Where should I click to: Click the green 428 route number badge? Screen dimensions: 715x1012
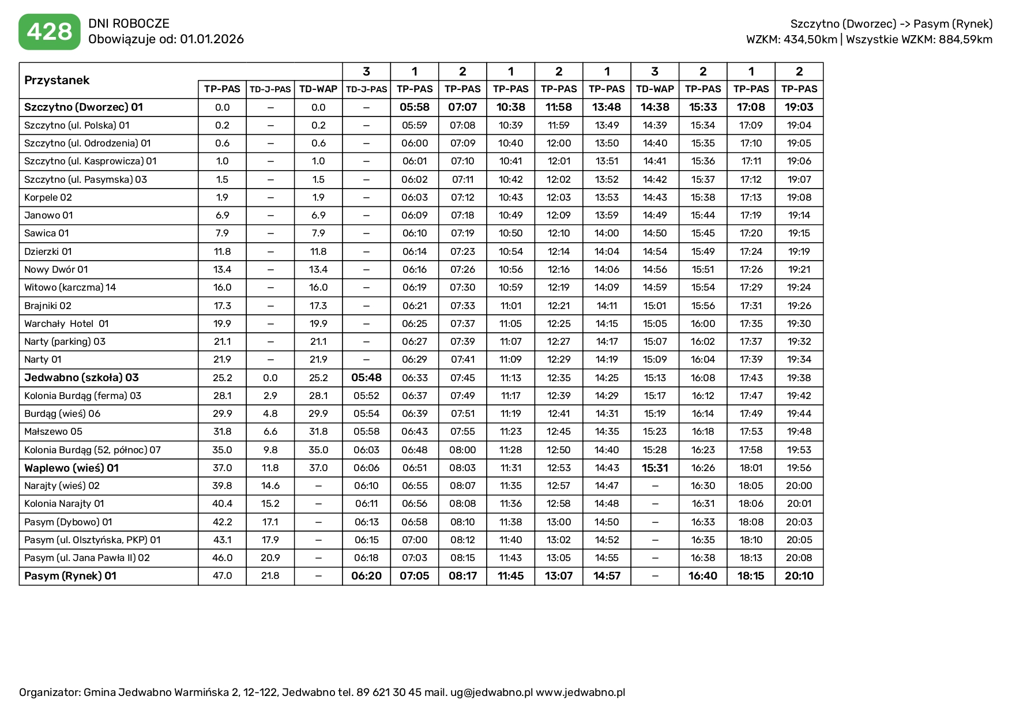50,32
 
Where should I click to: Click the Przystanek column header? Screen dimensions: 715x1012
57,80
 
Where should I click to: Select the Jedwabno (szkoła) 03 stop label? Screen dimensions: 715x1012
81,378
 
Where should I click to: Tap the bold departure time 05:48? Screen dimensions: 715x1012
366,378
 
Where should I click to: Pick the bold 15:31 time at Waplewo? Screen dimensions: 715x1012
654,468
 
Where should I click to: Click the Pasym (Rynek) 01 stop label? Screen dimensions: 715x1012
70,575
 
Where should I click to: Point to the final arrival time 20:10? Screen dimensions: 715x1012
799,575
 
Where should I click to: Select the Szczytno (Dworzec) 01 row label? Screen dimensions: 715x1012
84,107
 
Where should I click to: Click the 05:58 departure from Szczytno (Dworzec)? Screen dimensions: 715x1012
415,107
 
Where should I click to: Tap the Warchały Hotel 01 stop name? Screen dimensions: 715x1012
66,323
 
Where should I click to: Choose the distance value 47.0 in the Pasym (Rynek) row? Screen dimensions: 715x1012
222,575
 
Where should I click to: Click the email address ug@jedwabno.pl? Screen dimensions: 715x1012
491,692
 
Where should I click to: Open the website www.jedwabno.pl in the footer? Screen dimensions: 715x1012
580,692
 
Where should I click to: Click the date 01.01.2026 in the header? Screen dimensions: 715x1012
212,39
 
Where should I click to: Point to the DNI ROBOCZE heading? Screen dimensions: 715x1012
129,24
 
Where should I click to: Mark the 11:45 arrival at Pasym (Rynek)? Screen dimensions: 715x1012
510,575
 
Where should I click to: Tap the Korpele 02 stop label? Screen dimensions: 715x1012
48,197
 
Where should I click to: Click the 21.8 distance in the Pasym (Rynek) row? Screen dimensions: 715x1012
270,575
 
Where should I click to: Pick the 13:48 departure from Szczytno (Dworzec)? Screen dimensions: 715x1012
607,107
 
